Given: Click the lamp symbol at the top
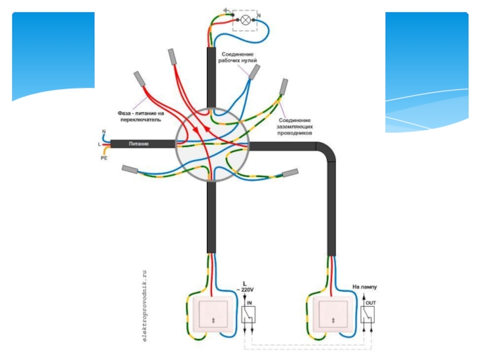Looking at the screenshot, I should pyautogui.click(x=245, y=20).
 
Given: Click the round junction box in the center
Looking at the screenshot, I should pyautogui.click(x=211, y=145).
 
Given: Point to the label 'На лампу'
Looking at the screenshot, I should pyautogui.click(x=364, y=287).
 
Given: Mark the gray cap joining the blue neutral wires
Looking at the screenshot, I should pyautogui.click(x=254, y=72).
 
